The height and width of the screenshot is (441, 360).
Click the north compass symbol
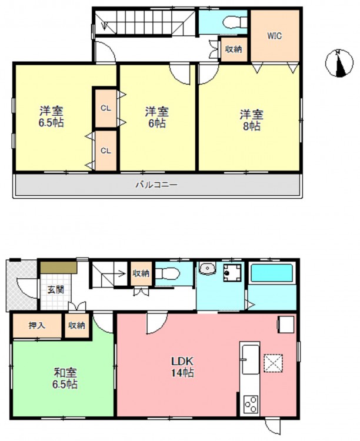[x=339, y=63]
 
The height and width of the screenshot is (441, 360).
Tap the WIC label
[x=275, y=36]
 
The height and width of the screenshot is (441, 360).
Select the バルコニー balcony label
[x=156, y=185]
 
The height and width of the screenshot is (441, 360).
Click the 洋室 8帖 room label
[x=252, y=121]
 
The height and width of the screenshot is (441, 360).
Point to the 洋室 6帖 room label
[x=157, y=117]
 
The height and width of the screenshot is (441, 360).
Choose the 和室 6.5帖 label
[x=65, y=379]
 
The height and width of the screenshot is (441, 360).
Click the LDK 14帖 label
[x=182, y=367]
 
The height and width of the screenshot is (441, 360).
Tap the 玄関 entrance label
[x=55, y=290]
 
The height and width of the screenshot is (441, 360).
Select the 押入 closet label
[x=37, y=325]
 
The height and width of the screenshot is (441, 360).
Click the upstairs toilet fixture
[x=234, y=22]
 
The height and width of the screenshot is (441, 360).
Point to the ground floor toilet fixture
[x=167, y=273]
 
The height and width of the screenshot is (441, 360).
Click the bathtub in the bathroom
[x=272, y=273]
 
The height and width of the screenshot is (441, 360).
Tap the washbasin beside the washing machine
[x=208, y=268]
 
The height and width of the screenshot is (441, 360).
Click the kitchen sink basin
[x=251, y=360]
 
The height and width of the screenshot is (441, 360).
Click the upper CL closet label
[x=106, y=108]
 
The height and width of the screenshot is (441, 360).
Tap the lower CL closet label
[x=106, y=151]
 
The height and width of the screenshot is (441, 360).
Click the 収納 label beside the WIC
[x=234, y=49]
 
